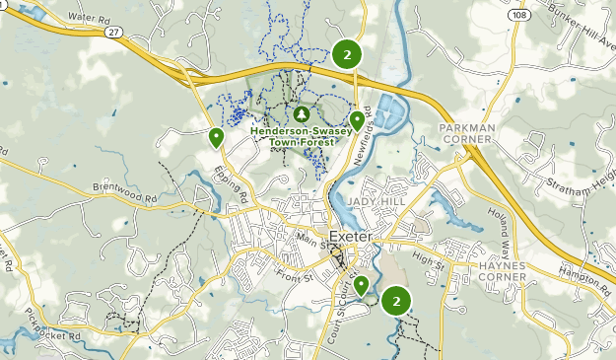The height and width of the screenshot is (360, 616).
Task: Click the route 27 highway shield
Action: click(x=115, y=33)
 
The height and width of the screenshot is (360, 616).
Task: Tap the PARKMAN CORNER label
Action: click(x=466, y=134)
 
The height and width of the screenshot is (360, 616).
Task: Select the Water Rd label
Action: click(x=89, y=19)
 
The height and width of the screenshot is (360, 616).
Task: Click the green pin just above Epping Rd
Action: click(x=216, y=137)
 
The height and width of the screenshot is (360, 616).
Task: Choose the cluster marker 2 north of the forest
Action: click(x=346, y=54)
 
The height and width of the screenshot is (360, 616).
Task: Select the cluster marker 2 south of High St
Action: click(x=396, y=301)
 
